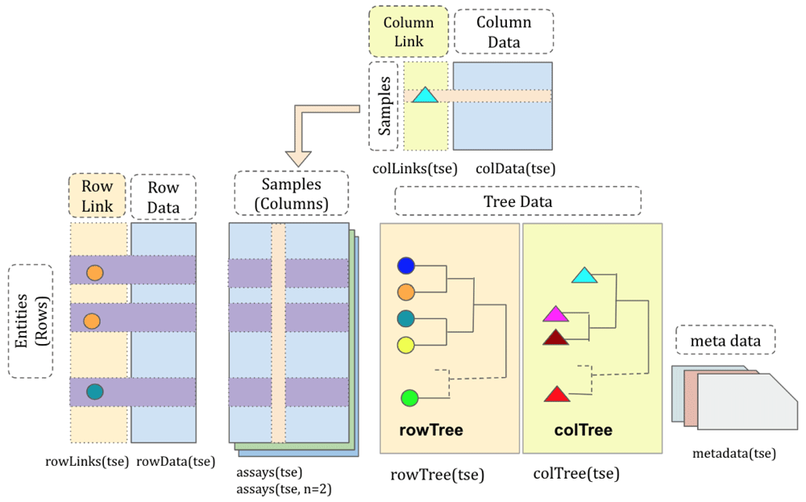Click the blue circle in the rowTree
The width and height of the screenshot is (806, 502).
pos(406,266)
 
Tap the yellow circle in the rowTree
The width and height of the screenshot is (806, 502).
pos(406,345)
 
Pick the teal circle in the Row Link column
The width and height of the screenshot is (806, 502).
pos(94,392)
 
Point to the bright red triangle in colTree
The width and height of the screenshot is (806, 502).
pos(557,395)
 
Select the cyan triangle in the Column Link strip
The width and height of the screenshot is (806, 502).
pos(424,95)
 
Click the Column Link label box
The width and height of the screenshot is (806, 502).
pos(409,31)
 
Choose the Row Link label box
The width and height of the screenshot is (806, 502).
pos(98,197)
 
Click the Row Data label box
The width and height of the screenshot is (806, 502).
pos(164,197)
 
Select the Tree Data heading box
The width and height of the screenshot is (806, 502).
pos(517,201)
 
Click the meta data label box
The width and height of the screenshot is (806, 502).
pos(725,342)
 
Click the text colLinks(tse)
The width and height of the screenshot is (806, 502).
pos(415,168)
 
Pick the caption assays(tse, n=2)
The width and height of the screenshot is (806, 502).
pos(280,488)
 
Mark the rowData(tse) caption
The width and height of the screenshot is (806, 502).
pos(177,462)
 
